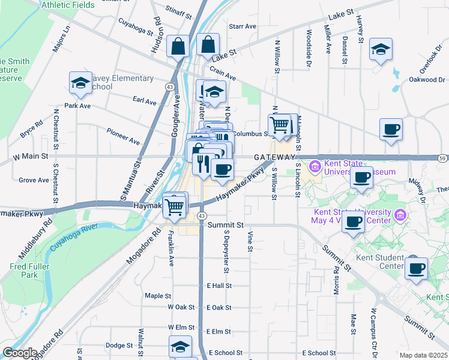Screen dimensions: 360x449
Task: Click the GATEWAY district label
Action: [274, 157]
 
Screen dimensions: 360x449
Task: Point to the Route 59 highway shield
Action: [442, 158]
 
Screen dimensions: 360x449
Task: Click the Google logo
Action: [20, 353]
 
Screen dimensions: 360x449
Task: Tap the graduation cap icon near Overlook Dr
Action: [381, 50]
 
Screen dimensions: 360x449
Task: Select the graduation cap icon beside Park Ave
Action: [80, 85]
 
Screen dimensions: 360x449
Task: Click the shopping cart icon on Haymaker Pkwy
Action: [174, 206]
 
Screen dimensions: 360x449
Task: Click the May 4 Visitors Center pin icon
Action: [400, 215]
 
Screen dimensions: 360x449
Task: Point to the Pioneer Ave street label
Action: [123, 136]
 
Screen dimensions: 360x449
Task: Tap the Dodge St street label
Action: [119, 346]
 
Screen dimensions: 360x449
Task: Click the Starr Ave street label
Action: [243, 26]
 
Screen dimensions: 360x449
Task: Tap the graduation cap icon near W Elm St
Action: [180, 347]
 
